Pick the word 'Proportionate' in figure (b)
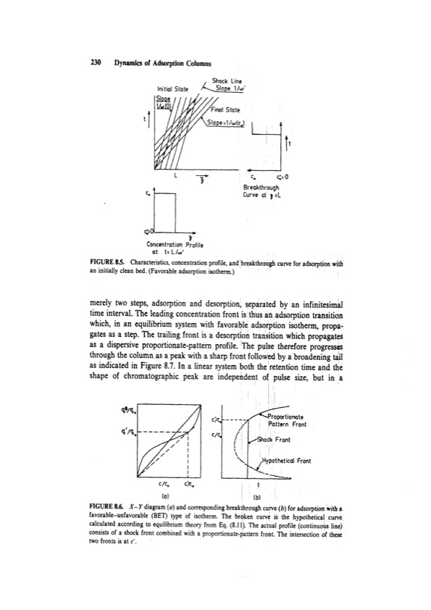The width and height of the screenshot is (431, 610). coord(288,417)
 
